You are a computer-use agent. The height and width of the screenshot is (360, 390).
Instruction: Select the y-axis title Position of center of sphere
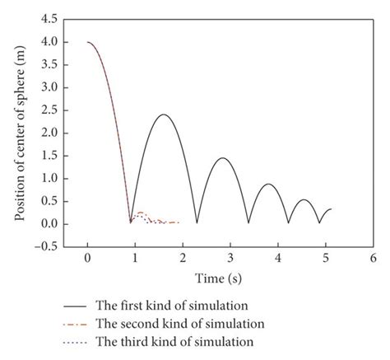[x=18, y=130]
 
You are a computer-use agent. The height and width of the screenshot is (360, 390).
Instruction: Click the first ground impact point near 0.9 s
[x=130, y=222]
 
